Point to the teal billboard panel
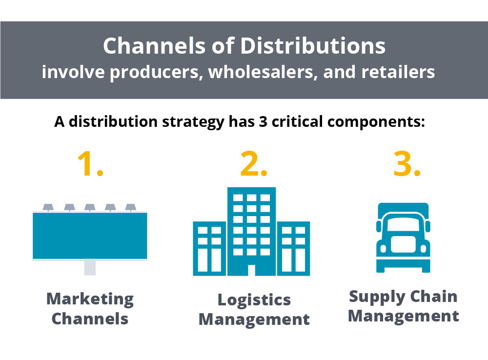(90, 235)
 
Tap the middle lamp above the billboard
(89, 207)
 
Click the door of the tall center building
(252, 271)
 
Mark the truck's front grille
(403, 244)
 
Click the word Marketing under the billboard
(90, 299)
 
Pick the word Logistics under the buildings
(254, 300)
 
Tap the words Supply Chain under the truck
(403, 296)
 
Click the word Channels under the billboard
(90, 319)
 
